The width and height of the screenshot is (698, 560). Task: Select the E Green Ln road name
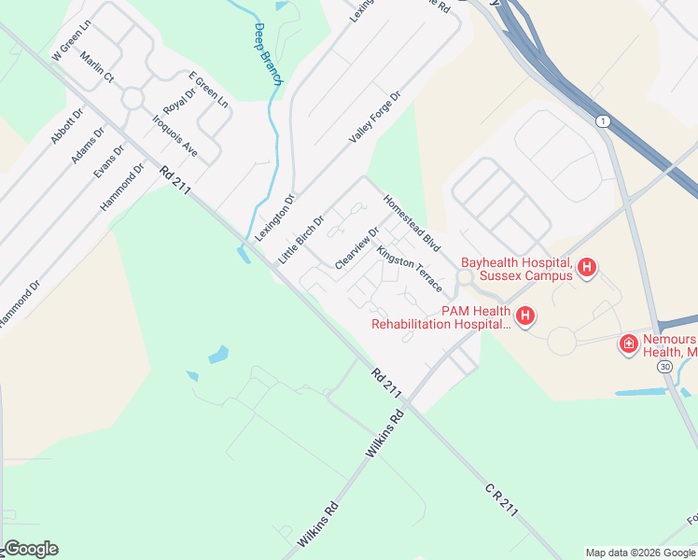(x=208, y=90)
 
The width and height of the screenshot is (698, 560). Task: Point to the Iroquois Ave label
(x=175, y=134)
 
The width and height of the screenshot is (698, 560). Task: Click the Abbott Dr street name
(x=67, y=125)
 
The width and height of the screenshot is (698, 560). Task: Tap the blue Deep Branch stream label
(x=267, y=55)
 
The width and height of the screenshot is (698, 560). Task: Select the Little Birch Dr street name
(x=300, y=239)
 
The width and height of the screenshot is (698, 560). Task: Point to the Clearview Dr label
(x=356, y=249)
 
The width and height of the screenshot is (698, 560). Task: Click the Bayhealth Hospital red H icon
(x=587, y=269)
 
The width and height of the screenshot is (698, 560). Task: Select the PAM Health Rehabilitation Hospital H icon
(x=525, y=316)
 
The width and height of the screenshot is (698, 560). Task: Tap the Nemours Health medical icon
(x=629, y=345)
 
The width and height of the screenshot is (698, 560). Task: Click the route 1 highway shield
(x=604, y=121)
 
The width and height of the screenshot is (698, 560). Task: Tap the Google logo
(x=30, y=549)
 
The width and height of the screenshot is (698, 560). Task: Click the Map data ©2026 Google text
(x=640, y=553)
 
